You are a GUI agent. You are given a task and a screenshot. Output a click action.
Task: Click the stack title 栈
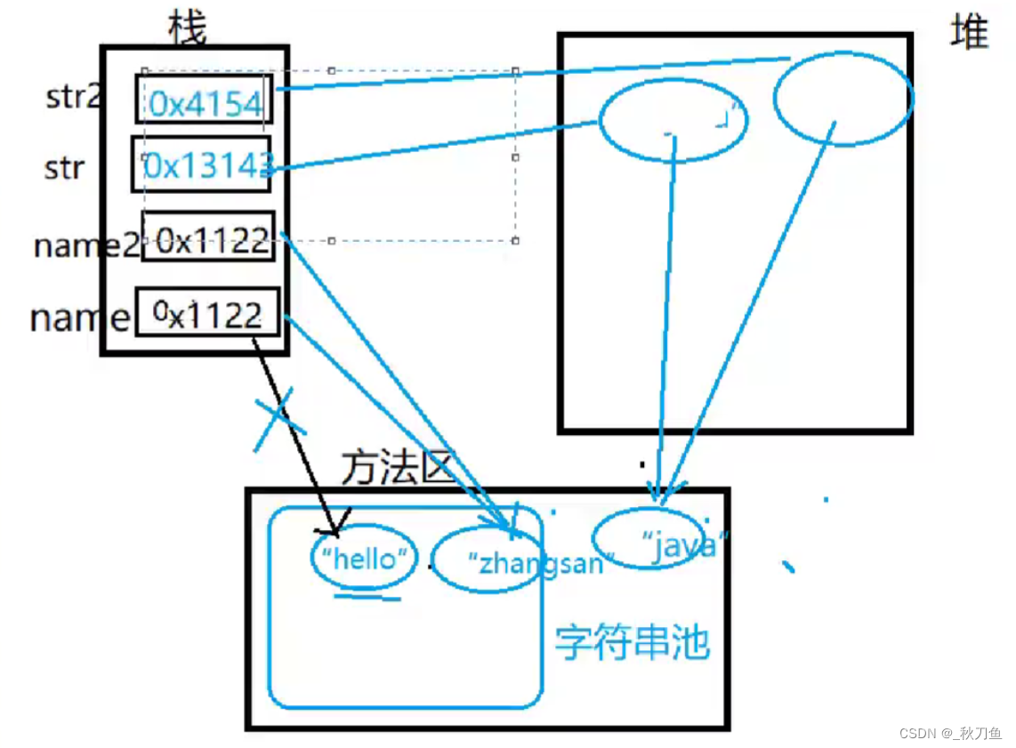(187, 28)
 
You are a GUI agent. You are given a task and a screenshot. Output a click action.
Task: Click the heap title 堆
(969, 33)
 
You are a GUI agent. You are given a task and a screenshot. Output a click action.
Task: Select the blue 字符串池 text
(633, 641)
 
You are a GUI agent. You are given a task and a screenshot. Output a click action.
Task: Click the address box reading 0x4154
(205, 100)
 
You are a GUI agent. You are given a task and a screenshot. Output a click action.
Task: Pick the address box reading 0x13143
(203, 164)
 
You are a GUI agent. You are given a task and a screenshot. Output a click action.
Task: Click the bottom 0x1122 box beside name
(207, 313)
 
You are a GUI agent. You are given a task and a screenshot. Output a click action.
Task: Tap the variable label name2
(85, 244)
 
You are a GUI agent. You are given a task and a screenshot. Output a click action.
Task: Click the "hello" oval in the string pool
(364, 559)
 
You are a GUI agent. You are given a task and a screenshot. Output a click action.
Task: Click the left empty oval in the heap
(673, 120)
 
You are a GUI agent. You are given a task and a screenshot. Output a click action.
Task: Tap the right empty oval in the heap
(843, 98)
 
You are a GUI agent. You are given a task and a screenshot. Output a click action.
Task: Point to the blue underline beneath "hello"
(367, 597)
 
